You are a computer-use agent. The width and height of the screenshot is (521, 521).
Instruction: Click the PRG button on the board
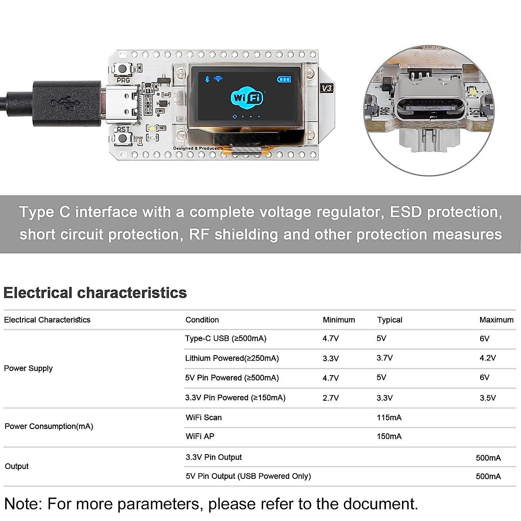[123, 69]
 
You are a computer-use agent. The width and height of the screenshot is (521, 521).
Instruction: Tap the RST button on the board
[123, 138]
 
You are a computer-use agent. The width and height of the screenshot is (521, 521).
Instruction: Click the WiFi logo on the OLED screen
[247, 98]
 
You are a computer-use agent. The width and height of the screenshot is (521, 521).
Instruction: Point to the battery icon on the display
[284, 79]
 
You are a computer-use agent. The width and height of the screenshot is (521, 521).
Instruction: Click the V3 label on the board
[326, 88]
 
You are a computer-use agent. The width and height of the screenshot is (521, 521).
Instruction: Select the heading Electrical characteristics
[95, 293]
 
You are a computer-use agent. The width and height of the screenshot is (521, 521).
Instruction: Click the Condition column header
[202, 320]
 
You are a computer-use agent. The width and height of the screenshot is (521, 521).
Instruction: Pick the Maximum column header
[496, 320]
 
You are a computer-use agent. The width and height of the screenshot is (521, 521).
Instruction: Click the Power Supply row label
[28, 369]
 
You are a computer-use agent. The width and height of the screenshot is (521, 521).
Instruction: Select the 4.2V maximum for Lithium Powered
[488, 358]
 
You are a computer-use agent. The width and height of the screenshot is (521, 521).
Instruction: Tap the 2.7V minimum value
[330, 398]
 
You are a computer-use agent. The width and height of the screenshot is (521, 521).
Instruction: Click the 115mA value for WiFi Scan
[389, 418]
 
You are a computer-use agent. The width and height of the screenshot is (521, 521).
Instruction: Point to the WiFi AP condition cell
[200, 436]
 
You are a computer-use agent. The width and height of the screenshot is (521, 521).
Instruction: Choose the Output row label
[16, 466]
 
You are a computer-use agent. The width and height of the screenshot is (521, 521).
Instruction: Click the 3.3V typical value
[385, 398]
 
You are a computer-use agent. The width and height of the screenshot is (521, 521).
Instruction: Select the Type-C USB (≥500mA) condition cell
[226, 339]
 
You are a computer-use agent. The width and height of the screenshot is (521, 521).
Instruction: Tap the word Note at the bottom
[23, 504]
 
